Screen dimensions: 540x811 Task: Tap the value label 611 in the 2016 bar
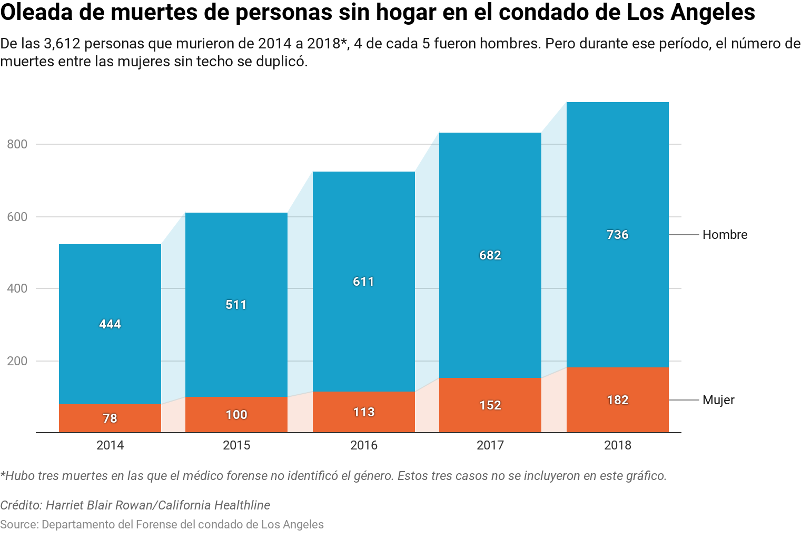pos(363,282)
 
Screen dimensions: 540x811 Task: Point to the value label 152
pos(490,405)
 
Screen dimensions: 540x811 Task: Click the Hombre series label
pos(725,235)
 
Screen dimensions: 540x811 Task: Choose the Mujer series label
pos(718,400)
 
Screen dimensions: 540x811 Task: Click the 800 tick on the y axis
pos(17,144)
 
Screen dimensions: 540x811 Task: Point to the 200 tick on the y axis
pos(17,361)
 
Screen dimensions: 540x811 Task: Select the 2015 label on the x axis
pos(236,445)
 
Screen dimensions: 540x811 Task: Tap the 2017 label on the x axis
pos(490,445)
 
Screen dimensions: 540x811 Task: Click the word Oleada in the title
pos(36,13)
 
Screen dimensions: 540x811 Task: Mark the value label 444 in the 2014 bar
pos(110,324)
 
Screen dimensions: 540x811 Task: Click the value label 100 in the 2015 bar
pos(236,415)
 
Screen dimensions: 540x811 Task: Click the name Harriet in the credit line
pos(65,505)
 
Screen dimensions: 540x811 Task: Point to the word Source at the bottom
pos(19,525)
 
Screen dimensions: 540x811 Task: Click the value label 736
pos(617,235)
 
